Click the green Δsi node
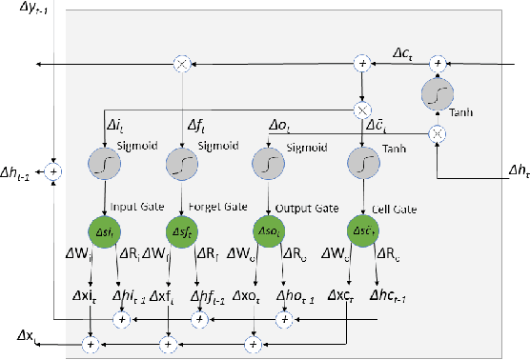[x=102, y=230]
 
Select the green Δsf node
[x=181, y=230]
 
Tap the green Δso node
[x=269, y=230]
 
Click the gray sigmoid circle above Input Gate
[x=102, y=165]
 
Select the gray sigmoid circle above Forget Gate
[x=181, y=165]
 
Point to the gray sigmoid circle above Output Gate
[x=269, y=165]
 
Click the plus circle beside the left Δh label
[x=53, y=172]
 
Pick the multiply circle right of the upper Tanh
[x=436, y=133]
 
